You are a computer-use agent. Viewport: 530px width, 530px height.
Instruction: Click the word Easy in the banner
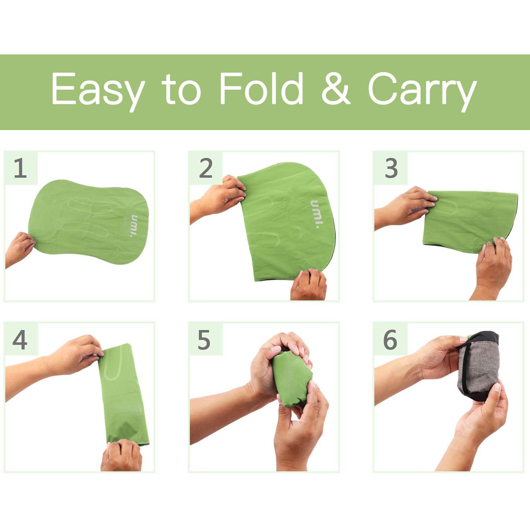coord(98,90)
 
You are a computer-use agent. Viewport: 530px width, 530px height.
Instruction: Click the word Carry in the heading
coord(422,91)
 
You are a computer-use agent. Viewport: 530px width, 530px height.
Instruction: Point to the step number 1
coord(20,168)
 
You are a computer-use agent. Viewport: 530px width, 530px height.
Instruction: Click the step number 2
coord(206,168)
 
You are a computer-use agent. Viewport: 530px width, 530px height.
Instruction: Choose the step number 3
coord(391,169)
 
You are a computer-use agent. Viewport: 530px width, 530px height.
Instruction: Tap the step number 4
coord(20,340)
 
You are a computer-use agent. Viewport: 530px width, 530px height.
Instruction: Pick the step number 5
coord(204,340)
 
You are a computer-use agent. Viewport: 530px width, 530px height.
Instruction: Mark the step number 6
coord(390,340)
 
